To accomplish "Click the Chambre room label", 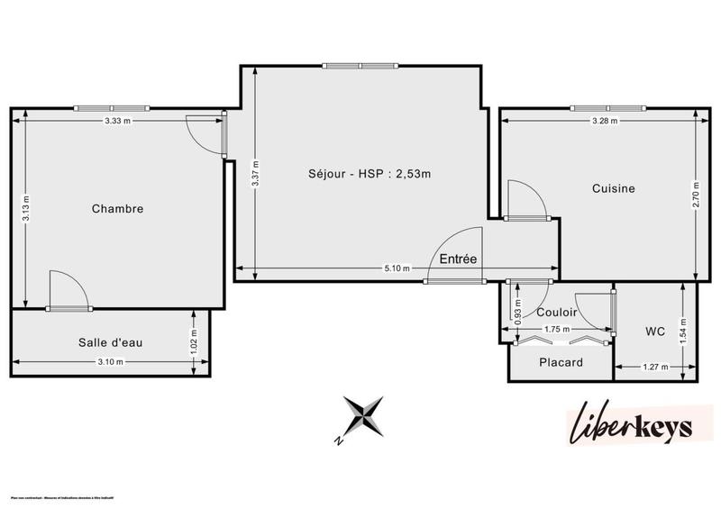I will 118,209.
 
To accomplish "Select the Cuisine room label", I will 613,188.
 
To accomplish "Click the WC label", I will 655,332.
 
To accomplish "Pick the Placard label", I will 561,363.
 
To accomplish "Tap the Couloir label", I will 556,313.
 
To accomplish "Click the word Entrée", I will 458,259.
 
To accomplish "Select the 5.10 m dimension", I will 397,268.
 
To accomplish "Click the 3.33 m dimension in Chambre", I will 118,120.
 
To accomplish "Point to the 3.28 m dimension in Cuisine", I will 604,120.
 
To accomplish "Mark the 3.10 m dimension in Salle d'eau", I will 110,362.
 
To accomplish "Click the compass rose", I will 360,418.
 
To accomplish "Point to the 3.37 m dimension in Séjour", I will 255,172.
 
